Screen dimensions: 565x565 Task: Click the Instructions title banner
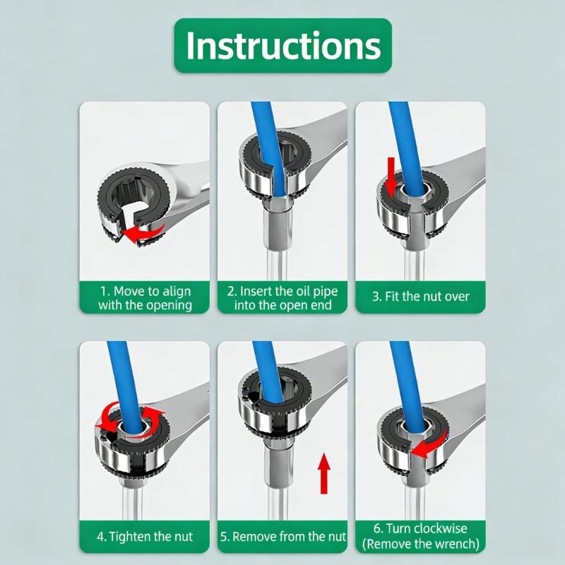coord(283,45)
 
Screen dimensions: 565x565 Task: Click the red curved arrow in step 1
coord(144,234)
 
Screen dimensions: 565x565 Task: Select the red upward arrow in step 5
coord(323,473)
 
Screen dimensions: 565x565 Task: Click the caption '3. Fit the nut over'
coord(420,297)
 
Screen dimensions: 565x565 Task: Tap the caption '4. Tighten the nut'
coord(145,537)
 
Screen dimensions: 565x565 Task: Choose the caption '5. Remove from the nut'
coord(283,537)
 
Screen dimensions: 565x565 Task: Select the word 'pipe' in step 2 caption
coord(325,292)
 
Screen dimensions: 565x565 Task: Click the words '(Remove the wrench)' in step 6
coord(420,543)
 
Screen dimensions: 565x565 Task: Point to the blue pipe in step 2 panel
coord(268,151)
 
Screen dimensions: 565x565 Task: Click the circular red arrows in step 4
coord(132,418)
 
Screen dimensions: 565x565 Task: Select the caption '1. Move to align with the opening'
coord(145,298)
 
